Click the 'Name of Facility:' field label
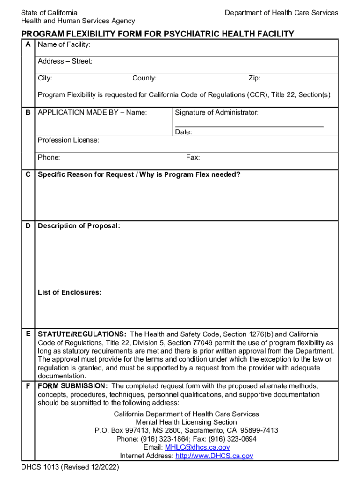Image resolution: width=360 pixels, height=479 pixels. [64, 45]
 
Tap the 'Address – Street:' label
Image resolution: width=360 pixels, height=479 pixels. [65, 61]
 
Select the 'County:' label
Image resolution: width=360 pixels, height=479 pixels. [144, 78]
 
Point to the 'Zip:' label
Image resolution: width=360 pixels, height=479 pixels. [254, 78]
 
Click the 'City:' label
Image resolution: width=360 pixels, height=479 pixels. [45, 78]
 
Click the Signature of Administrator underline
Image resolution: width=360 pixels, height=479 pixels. [249, 126]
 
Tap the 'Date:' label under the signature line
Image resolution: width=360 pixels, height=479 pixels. [183, 132]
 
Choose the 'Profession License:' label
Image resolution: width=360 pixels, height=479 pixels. [68, 140]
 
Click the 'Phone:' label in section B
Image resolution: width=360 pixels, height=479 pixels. [49, 158]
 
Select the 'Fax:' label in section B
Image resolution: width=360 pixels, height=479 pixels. [193, 158]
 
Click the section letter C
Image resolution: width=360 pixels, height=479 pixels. [28, 175]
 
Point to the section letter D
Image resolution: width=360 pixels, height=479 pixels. [28, 226]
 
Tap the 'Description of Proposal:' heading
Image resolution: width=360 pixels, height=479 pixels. [79, 226]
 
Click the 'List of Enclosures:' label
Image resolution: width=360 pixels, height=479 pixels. [70, 293]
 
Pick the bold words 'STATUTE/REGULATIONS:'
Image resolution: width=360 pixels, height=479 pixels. [82, 334]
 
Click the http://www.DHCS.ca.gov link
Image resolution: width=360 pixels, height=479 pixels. [214, 456]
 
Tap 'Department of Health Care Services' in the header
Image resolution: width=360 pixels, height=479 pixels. [281, 13]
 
